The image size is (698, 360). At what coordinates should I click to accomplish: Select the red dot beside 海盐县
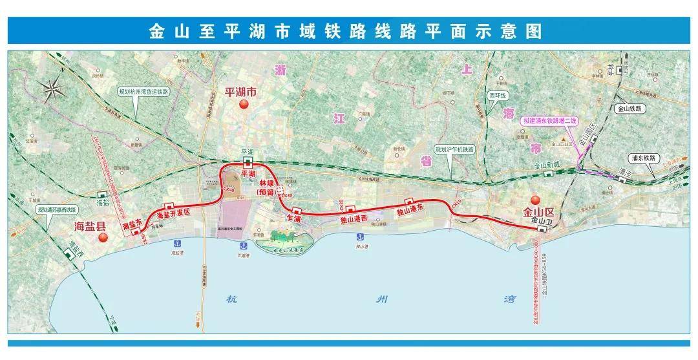[102, 238]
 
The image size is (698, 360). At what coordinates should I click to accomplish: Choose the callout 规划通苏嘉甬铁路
[56, 210]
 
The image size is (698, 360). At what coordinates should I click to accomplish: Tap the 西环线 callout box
[496, 96]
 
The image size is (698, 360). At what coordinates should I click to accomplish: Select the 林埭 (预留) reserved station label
[268, 188]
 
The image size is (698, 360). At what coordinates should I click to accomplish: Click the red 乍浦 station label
[293, 219]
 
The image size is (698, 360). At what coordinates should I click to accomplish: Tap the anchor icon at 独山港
[358, 238]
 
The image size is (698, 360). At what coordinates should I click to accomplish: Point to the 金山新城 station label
[545, 166]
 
